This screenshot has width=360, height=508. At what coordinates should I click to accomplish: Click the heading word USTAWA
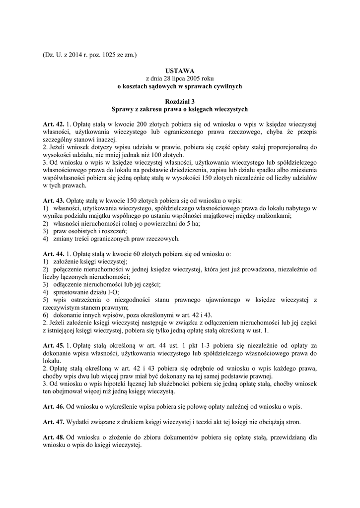click(x=179, y=71)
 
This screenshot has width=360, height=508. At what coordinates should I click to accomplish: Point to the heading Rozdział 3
click(x=179, y=101)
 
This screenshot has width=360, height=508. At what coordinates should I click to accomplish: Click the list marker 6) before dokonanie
click(x=46, y=315)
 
